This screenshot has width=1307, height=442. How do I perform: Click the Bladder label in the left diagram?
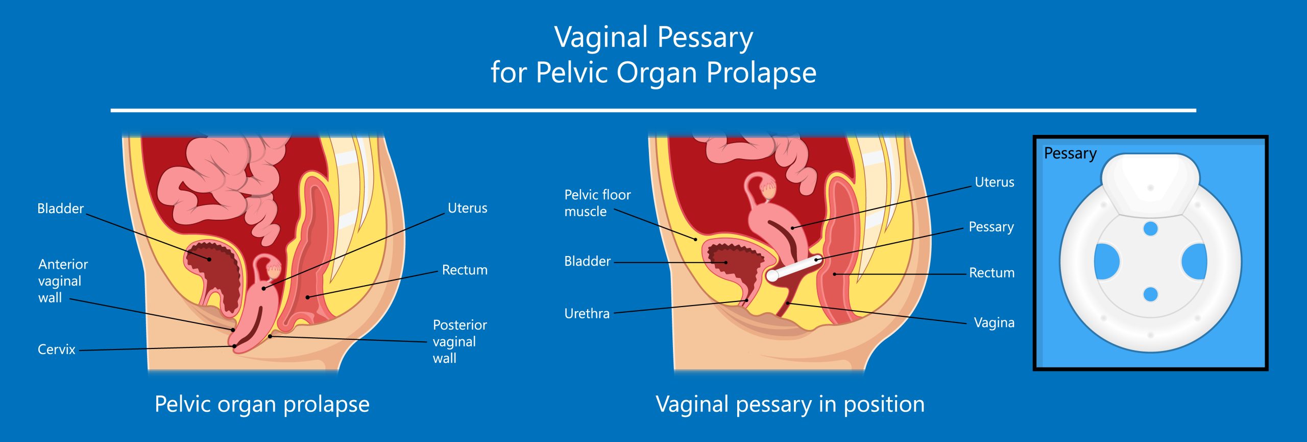click(60, 208)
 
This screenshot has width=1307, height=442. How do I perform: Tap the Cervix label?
click(56, 350)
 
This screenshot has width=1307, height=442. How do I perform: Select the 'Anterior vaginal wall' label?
click(62, 281)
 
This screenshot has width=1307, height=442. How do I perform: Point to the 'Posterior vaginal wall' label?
click(459, 341)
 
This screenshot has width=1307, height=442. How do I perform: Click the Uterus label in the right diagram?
click(994, 182)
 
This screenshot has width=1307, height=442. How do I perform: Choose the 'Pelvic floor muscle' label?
click(597, 203)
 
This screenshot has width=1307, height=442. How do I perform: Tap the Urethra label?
click(587, 313)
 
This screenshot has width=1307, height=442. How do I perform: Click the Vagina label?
click(994, 322)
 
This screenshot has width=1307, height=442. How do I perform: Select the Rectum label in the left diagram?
click(464, 270)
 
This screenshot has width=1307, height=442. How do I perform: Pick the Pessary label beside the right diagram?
click(991, 227)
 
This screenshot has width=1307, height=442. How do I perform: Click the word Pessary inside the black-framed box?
click(1070, 153)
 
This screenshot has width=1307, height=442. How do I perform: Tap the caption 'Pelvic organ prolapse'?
click(262, 404)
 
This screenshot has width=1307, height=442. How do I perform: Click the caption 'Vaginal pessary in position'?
click(790, 404)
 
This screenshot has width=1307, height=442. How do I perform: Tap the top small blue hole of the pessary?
click(1150, 228)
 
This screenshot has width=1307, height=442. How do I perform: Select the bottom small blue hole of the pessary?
click(1150, 294)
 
